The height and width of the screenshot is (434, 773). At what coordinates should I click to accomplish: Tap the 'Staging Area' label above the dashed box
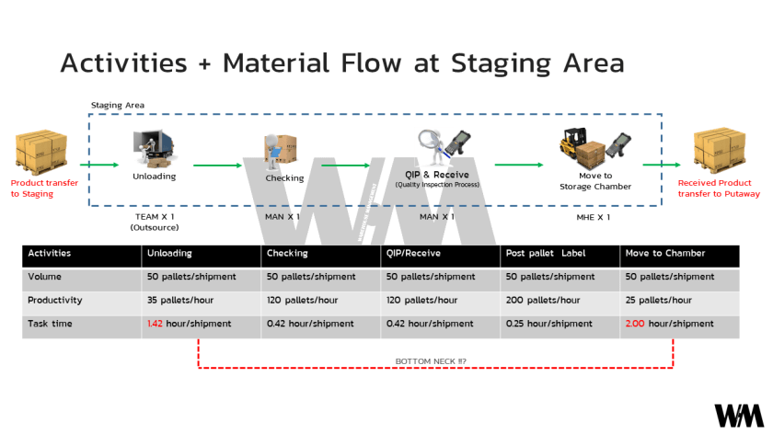pyautogui.click(x=117, y=106)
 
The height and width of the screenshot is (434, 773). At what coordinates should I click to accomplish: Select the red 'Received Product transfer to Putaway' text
pyautogui.click(x=719, y=188)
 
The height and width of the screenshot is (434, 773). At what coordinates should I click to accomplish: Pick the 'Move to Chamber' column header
pyautogui.click(x=663, y=253)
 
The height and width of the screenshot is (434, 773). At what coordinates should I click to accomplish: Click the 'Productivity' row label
pyautogui.click(x=55, y=300)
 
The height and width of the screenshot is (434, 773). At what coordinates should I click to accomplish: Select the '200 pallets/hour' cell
pyautogui.click(x=543, y=300)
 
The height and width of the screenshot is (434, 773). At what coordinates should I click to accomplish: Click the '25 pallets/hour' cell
pyautogui.click(x=659, y=300)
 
